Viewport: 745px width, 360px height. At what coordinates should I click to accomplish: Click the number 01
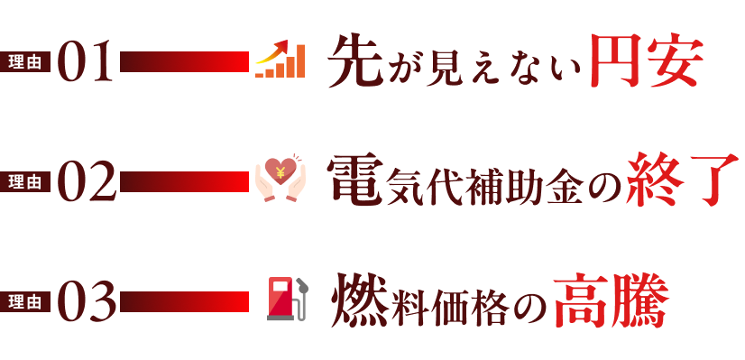coord(87,61)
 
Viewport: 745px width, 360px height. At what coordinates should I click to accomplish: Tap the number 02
coord(87,181)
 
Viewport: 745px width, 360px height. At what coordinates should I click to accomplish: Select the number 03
coord(87,301)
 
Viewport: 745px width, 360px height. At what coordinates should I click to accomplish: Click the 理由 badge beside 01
coord(25,61)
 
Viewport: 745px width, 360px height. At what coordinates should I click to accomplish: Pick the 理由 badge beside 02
coord(25,181)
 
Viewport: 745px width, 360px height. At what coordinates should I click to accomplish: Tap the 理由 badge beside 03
coord(25,301)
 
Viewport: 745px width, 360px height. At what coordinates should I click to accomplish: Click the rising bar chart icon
coord(280,60)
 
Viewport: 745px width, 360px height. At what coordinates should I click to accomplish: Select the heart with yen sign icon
coord(281,177)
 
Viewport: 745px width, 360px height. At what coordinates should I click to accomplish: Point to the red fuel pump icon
coord(286,299)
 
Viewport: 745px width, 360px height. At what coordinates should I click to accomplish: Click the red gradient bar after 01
coord(184,61)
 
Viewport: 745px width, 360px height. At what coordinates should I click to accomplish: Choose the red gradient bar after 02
coord(184,181)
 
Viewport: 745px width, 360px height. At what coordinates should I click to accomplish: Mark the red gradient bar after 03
coord(184,301)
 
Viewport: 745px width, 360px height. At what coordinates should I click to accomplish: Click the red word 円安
coord(645,61)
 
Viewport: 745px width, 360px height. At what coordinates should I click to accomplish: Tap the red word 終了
coord(682,180)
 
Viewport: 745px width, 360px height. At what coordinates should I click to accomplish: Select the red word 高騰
coord(610,301)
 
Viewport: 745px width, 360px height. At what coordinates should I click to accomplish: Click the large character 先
coord(356,61)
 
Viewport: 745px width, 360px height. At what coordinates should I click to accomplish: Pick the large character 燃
coord(360,300)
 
